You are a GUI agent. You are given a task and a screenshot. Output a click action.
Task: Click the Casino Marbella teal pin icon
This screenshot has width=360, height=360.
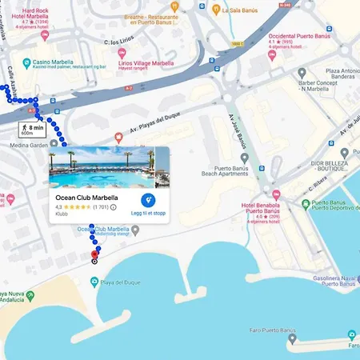click(x=27, y=62)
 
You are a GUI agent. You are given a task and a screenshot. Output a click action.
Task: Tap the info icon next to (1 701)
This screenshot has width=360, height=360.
click(x=113, y=207)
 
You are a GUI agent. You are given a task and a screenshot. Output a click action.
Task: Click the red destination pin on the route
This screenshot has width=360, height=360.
click(x=95, y=256)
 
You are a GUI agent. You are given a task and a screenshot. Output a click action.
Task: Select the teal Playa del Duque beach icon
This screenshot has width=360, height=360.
click(x=94, y=282)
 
